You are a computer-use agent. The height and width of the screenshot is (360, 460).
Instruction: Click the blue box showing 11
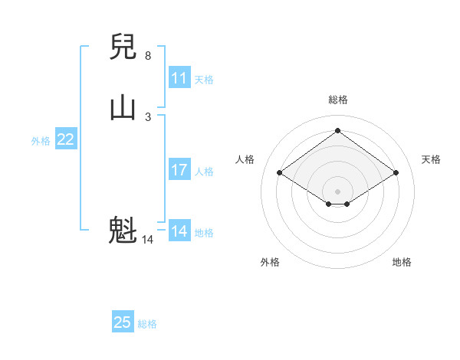(179, 78)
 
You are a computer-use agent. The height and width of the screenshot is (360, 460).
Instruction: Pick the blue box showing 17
(179, 170)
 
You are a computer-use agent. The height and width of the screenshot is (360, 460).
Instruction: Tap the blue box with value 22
(66, 139)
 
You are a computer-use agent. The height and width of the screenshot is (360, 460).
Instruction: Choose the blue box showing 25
(123, 322)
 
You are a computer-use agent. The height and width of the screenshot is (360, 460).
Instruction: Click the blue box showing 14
(179, 231)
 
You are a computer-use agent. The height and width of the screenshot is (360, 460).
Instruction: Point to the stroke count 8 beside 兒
(148, 56)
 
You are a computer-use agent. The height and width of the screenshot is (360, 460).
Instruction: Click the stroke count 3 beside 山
(148, 116)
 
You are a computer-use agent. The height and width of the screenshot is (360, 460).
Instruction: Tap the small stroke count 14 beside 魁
(148, 240)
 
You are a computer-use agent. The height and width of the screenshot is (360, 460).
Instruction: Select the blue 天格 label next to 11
(204, 80)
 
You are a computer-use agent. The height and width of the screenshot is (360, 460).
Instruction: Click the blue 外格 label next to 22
(41, 141)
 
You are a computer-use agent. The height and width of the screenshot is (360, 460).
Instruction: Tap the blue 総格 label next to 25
(147, 324)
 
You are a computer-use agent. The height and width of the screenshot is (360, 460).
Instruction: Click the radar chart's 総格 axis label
(338, 100)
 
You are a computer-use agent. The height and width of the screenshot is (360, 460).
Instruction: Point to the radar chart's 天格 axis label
(431, 159)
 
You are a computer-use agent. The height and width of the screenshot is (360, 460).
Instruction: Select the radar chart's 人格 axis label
(245, 159)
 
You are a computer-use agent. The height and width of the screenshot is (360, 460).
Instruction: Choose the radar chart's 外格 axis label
(270, 262)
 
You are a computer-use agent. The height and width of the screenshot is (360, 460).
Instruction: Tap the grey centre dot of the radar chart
(338, 191)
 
